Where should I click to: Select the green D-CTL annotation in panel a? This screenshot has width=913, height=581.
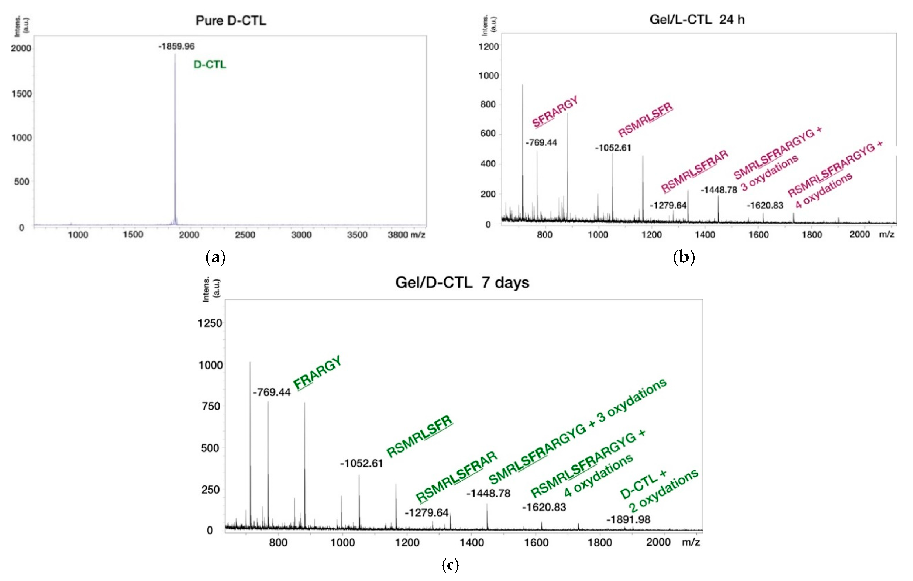click(210, 65)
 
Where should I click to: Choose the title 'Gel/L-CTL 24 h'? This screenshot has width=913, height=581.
click(697, 19)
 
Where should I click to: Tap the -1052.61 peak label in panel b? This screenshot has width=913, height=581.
click(613, 148)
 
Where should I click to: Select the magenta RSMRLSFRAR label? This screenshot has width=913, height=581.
click(694, 171)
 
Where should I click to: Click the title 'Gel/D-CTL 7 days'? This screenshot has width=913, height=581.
click(462, 283)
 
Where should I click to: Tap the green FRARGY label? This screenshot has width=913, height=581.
click(317, 373)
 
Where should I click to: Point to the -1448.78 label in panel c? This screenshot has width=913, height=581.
click(488, 493)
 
